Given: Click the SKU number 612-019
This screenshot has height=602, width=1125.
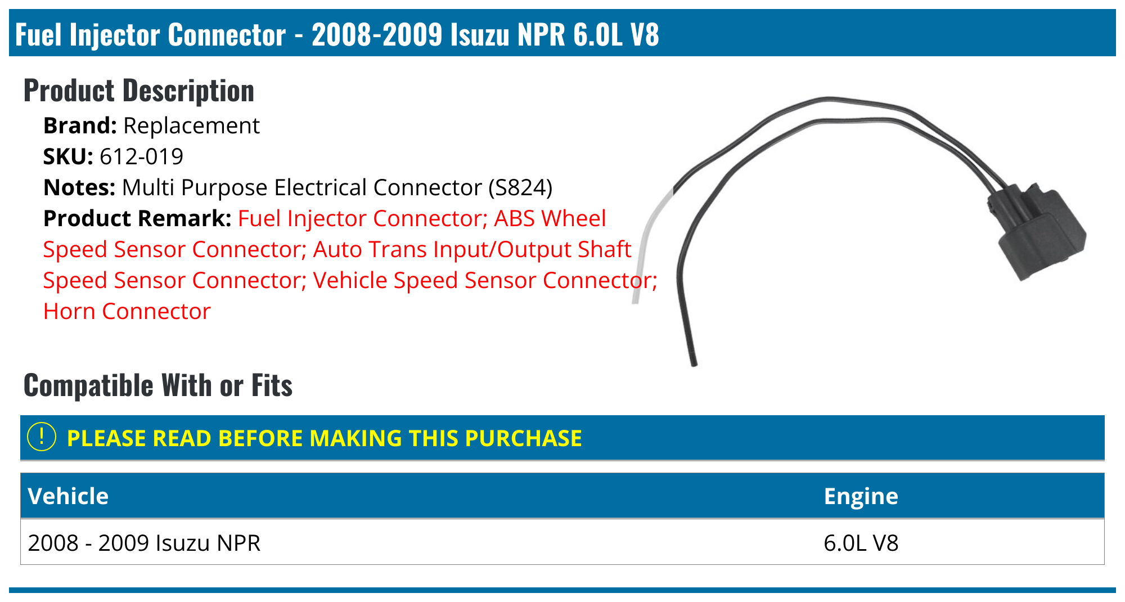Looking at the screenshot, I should click(141, 157).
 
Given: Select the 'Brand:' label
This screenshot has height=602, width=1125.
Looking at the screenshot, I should click(80, 126).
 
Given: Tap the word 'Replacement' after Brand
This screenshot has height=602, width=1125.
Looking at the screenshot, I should click(191, 126).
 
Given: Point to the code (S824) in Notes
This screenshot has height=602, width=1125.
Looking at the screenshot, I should click(520, 188).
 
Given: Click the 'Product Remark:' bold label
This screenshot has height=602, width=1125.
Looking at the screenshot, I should click(137, 219).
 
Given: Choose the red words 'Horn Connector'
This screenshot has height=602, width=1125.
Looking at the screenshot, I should click(127, 312).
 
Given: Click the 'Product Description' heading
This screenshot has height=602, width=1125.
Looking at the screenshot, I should click(139, 91).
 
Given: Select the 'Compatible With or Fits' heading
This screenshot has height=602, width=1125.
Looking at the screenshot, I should click(158, 385).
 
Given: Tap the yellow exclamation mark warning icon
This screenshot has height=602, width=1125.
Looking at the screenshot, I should click(42, 437).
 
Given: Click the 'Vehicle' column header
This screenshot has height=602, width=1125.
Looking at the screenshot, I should click(68, 496).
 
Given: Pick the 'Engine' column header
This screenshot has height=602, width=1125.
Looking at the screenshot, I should click(861, 496).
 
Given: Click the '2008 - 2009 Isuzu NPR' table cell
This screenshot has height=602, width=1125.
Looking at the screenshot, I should click(144, 543).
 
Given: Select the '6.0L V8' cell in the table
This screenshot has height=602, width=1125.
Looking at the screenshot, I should click(861, 543).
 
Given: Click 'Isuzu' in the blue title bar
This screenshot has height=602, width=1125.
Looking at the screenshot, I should click(480, 34).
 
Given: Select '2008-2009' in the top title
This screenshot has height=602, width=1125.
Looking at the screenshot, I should click(377, 34).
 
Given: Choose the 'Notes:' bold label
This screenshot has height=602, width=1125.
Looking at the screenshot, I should click(79, 188).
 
